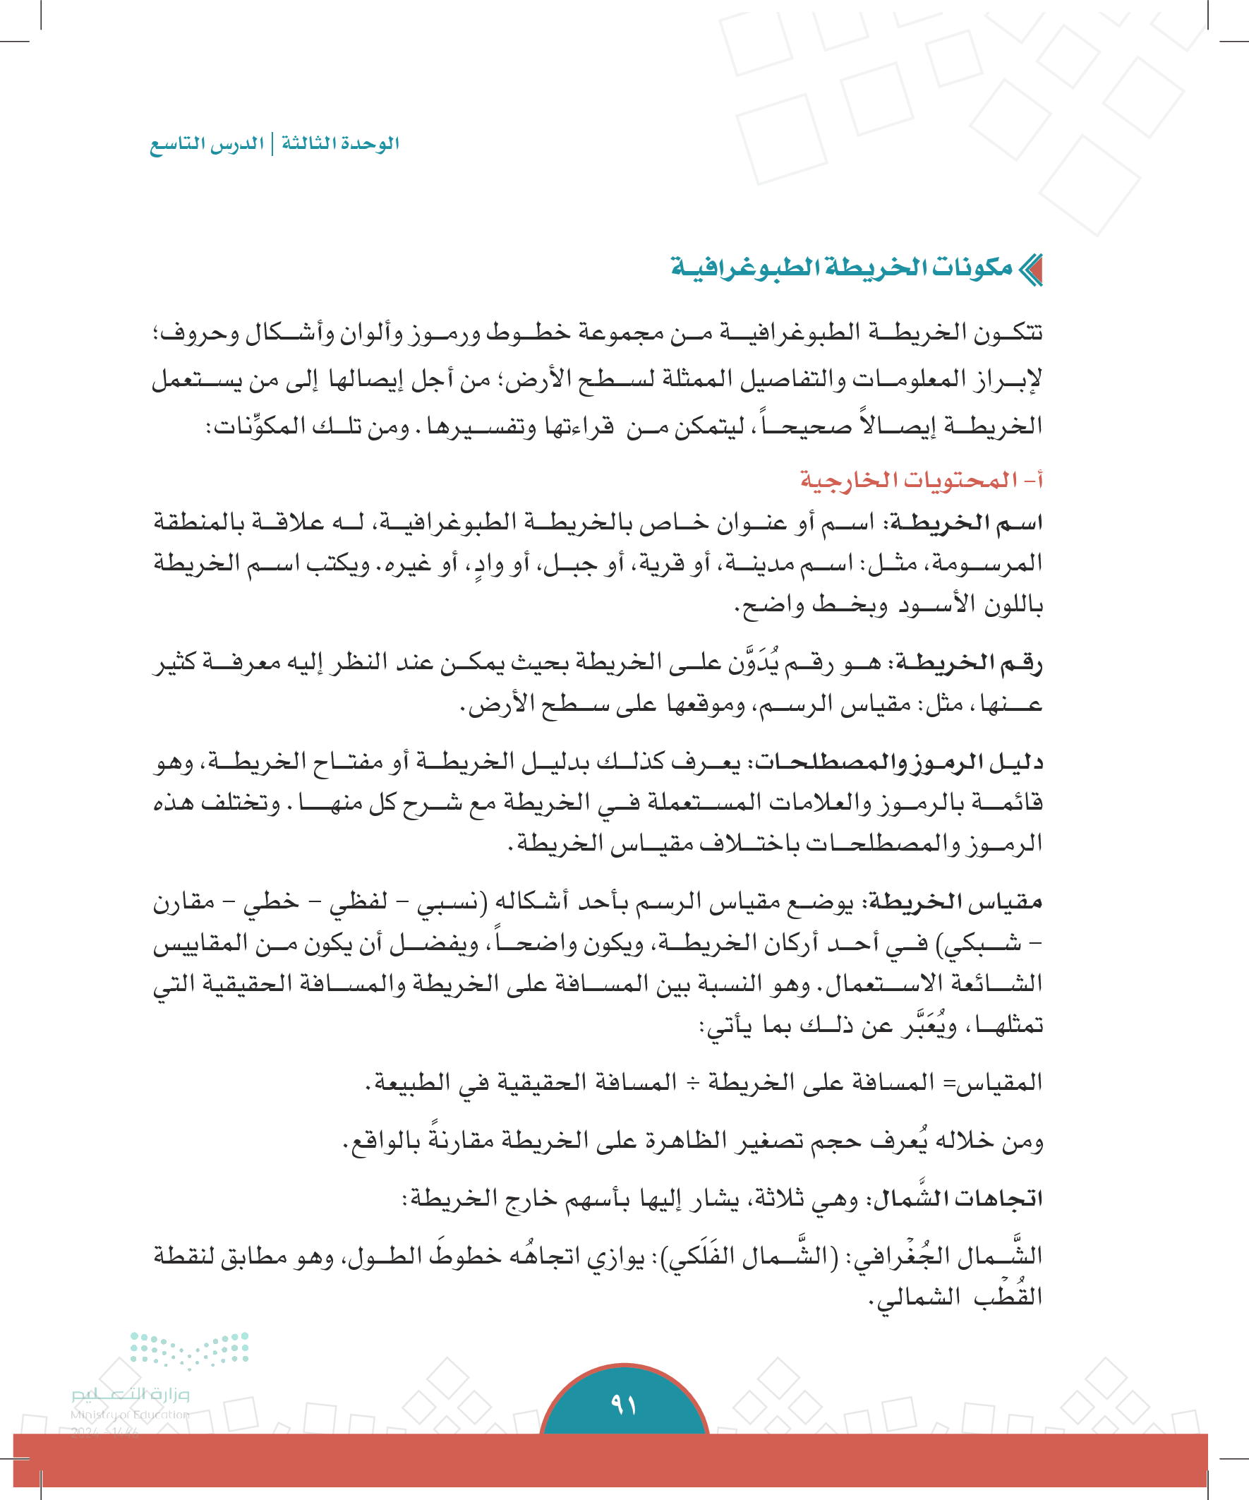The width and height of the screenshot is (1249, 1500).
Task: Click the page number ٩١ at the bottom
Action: coord(623,1404)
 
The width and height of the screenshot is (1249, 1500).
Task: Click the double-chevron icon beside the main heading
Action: coord(1030,270)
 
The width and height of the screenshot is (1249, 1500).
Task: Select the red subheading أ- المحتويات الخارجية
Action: coord(921,480)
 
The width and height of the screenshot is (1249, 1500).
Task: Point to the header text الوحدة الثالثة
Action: coord(340,143)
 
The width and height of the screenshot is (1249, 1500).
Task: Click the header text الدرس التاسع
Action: coord(206,143)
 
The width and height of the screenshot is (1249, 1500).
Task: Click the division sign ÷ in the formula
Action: coord(693,1083)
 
